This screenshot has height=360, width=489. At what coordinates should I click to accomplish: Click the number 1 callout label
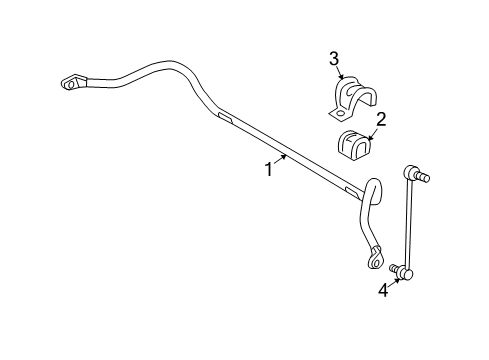(x=269, y=171)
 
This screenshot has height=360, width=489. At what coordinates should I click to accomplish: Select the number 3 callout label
(x=334, y=60)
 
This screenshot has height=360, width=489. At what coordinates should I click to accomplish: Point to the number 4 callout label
(x=383, y=290)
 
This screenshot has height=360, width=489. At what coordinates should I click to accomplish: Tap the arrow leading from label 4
(x=393, y=279)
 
